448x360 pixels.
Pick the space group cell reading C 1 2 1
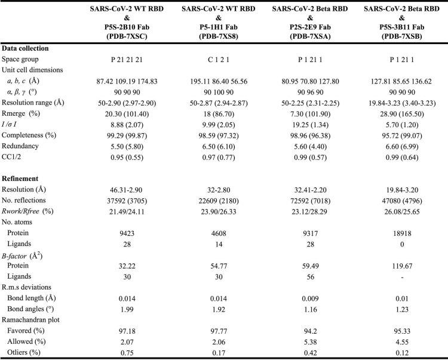pyautogui.click(x=223, y=60)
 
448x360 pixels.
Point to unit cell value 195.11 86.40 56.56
pyautogui.click(x=223, y=81)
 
